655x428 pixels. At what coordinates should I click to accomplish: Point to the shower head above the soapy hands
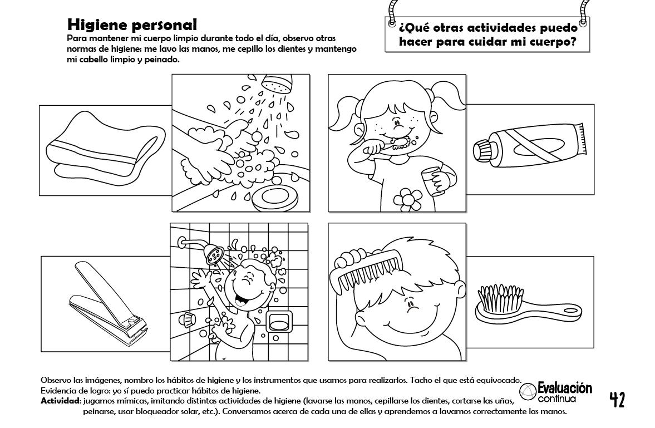point(277,83)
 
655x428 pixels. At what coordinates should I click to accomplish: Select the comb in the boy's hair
point(363,268)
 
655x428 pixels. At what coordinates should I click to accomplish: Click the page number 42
point(617,400)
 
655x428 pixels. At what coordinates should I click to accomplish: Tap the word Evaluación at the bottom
point(565,388)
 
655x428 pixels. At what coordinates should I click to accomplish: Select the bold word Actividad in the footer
point(60,401)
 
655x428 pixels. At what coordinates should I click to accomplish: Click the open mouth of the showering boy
point(241,299)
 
